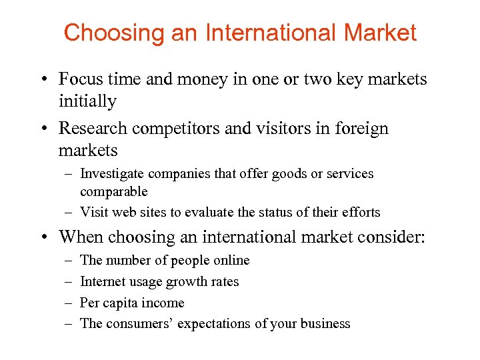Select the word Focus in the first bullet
[x=81, y=79]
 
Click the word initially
[x=87, y=101]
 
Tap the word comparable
[x=113, y=191]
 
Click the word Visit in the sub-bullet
[x=92, y=213]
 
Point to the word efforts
[x=361, y=213]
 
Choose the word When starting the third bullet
[x=81, y=237]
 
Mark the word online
[x=230, y=260]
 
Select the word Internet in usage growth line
[x=102, y=281]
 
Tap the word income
[x=165, y=303]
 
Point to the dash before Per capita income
[x=69, y=303]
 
